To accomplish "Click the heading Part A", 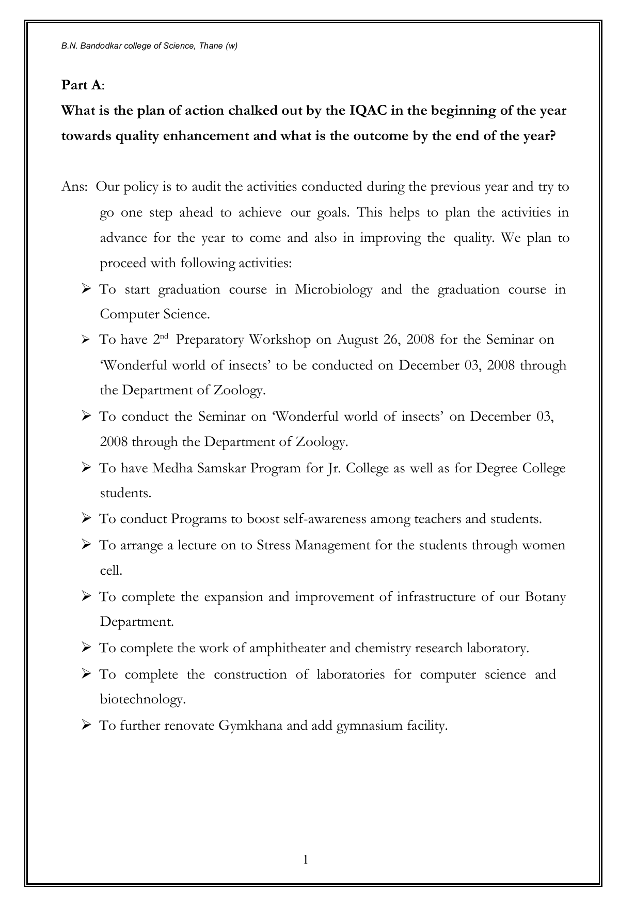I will tap(82, 85).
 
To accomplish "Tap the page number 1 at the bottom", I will tap(306, 859).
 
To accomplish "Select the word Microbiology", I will tap(333, 289).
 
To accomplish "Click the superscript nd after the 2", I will tap(165, 336).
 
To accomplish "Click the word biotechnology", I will tap(142, 700).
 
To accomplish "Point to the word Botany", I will tap(545, 597).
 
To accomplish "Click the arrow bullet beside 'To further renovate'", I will tap(86, 725).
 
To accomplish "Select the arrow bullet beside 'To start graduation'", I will tap(86, 288).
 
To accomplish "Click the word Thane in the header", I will tap(212, 46).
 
